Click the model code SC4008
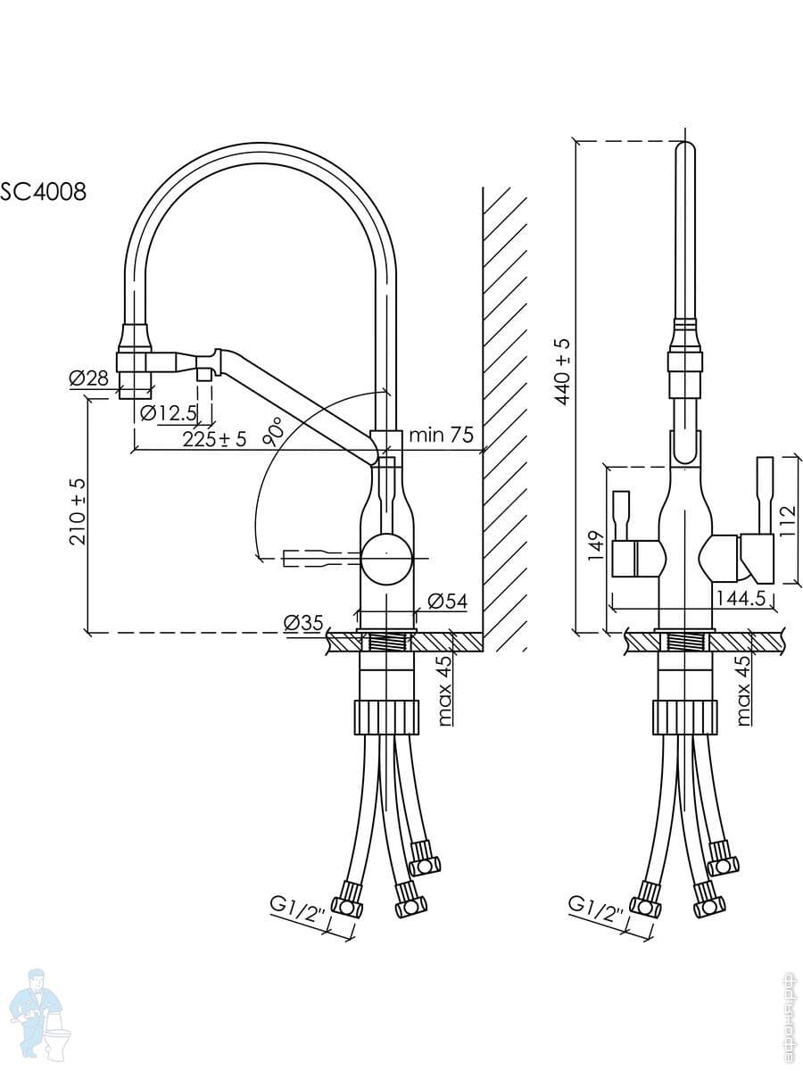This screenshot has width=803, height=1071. coord(44,191)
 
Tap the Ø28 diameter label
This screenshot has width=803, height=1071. coord(88,378)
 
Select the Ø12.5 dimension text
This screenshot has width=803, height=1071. coord(169,412)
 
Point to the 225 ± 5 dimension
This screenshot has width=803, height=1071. coord(214,438)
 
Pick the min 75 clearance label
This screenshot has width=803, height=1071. coord(441,436)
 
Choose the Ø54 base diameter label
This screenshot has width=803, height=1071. coord(448,602)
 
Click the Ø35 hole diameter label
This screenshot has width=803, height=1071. coord(303,623)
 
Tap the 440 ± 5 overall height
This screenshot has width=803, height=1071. coord(563,371)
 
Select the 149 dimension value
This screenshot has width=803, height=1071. coord(597,544)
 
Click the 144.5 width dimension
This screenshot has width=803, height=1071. coord(740,598)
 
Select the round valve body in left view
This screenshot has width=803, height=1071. coord(386,556)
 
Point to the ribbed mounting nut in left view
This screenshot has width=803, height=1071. coord(386,717)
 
